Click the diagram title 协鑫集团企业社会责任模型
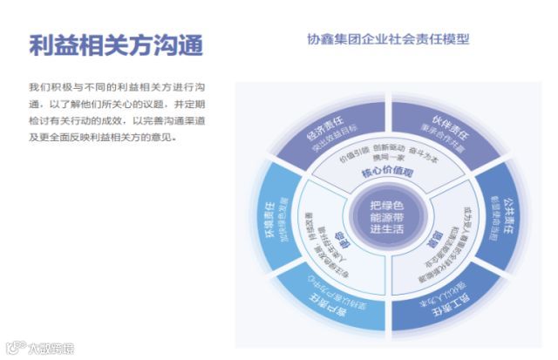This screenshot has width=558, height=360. tap(389, 38)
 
